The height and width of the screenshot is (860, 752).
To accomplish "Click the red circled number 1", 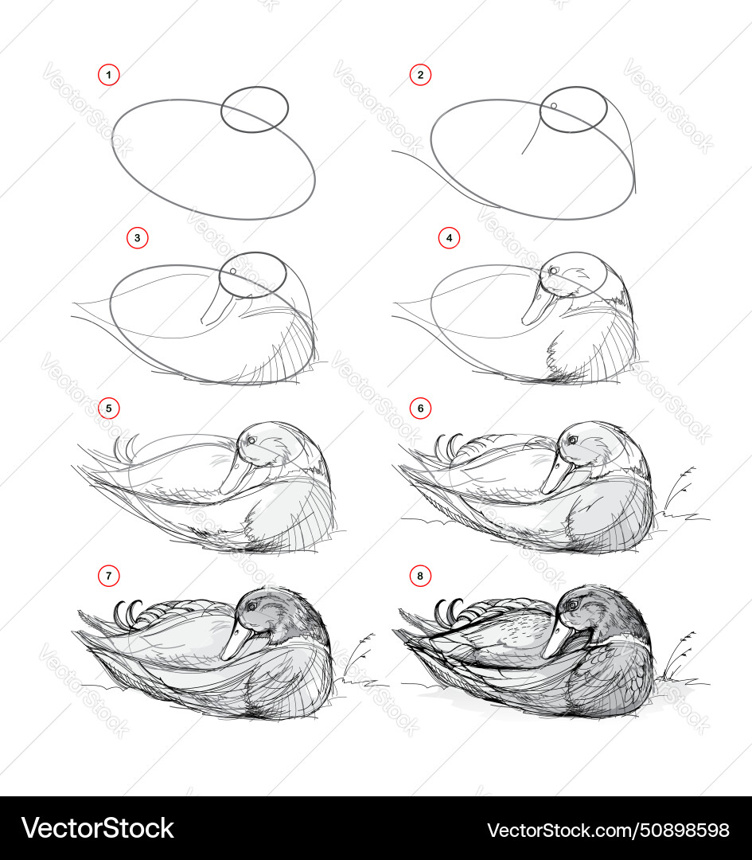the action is point(108,75).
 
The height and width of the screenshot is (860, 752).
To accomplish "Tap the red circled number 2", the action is point(420,75).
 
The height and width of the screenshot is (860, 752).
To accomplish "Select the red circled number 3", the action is point(138,238).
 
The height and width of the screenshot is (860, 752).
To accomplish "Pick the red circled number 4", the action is point(449,238).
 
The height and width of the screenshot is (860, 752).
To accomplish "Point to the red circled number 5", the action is point(108,408).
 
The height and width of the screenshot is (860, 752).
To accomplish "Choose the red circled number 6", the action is point(420,408).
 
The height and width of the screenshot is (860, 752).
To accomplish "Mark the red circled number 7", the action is point(108,576).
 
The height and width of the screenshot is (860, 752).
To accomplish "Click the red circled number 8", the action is point(420,576).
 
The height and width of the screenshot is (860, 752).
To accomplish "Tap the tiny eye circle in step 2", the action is point(554,106).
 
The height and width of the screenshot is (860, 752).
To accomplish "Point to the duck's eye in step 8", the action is point(572,605).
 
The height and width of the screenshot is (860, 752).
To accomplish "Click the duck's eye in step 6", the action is point(572,440).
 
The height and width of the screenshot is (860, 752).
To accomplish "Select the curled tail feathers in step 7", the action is point(128,610).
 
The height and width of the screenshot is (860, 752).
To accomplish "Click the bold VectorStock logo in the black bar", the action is point(98,828).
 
